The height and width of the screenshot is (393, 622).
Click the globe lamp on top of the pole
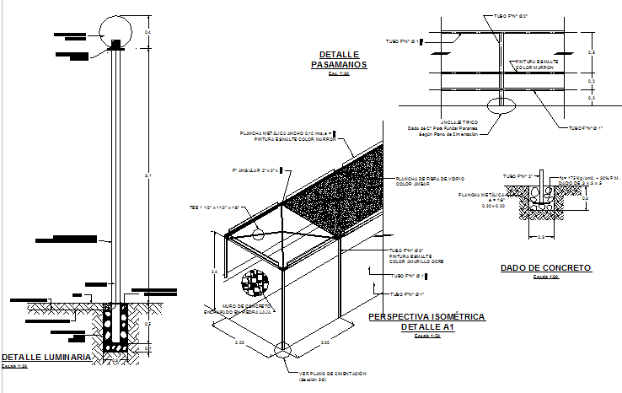pyautogui.click(x=116, y=31)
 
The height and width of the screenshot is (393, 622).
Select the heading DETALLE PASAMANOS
pyautogui.click(x=336, y=59)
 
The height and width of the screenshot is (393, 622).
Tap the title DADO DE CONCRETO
pyautogui.click(x=545, y=268)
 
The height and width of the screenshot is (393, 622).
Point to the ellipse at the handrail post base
pyautogui.click(x=503, y=105)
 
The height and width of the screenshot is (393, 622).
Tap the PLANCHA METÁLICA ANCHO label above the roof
pyautogui.click(x=287, y=133)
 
